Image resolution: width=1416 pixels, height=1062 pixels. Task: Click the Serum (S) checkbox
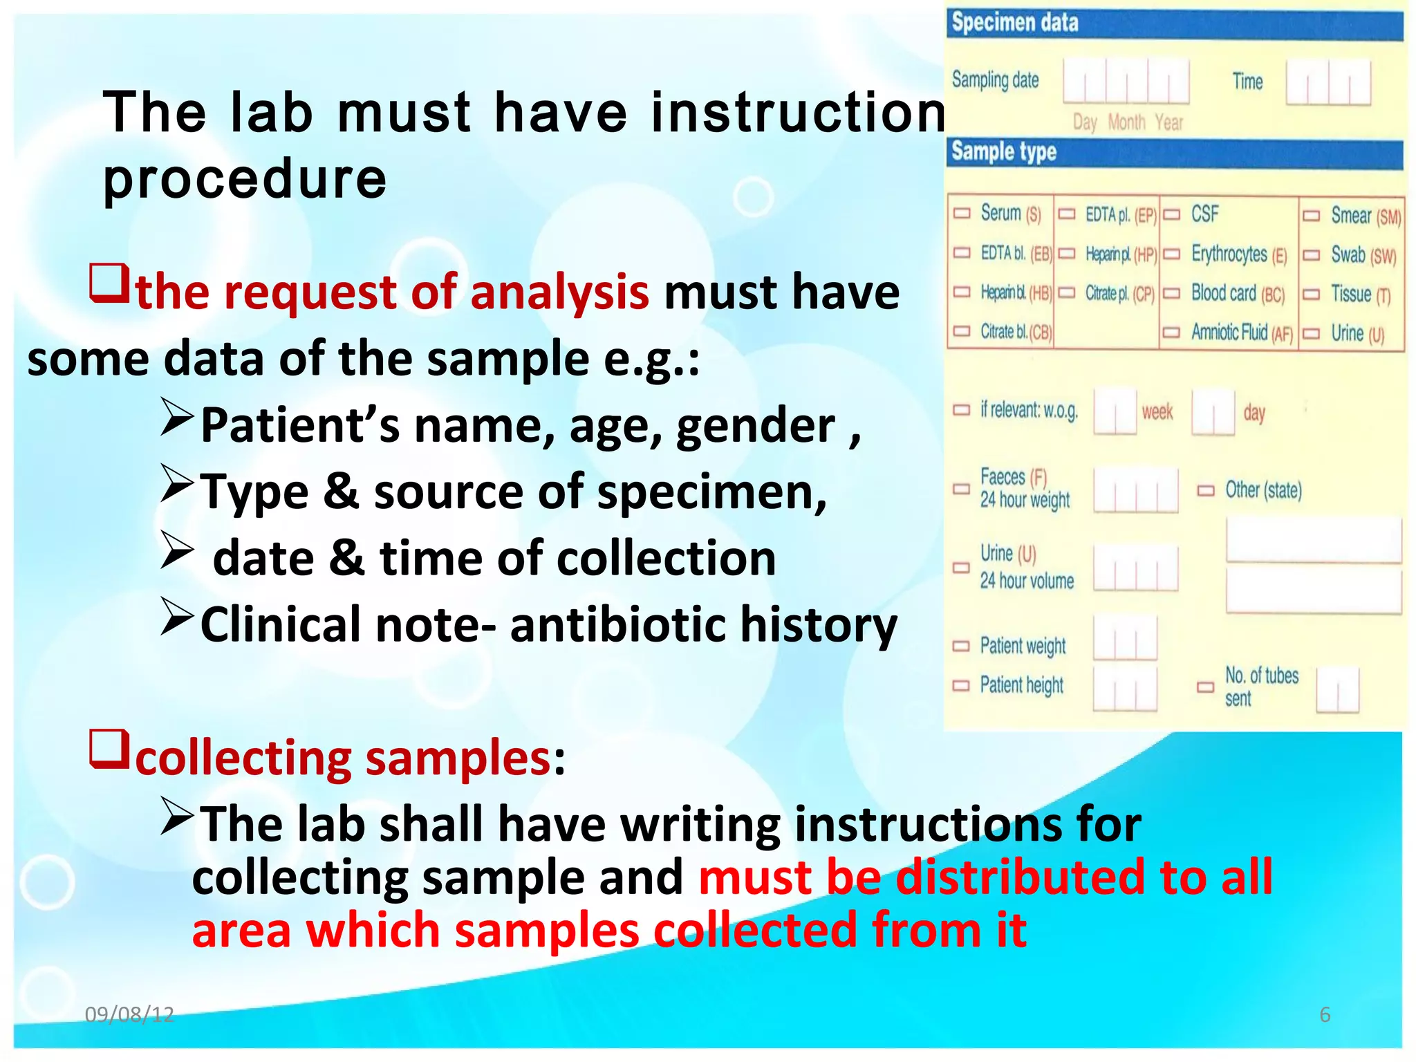(x=962, y=213)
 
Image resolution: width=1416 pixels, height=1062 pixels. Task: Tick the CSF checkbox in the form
(x=1171, y=214)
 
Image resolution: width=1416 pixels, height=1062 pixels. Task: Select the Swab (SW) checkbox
(x=1311, y=255)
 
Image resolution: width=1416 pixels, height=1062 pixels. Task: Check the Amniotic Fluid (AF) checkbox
(x=1171, y=333)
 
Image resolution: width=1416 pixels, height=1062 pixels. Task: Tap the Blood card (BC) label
(x=1237, y=294)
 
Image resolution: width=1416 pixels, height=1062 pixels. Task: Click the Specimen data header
(x=1014, y=23)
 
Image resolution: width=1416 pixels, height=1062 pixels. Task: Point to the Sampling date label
(x=995, y=80)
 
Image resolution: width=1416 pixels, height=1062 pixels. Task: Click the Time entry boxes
(x=1327, y=82)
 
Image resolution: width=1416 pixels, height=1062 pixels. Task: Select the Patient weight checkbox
(x=961, y=646)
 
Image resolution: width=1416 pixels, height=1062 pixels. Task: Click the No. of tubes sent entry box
(x=1337, y=689)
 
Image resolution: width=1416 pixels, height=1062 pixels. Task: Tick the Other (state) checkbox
(x=1206, y=491)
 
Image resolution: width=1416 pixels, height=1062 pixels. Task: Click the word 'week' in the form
(x=1157, y=413)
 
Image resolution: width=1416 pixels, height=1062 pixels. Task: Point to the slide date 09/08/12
(x=129, y=1014)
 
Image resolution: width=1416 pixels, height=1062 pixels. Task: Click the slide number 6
(x=1325, y=1014)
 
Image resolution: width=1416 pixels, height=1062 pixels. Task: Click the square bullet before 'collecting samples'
(x=109, y=750)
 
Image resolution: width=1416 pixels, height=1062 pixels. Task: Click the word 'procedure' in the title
(x=245, y=178)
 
